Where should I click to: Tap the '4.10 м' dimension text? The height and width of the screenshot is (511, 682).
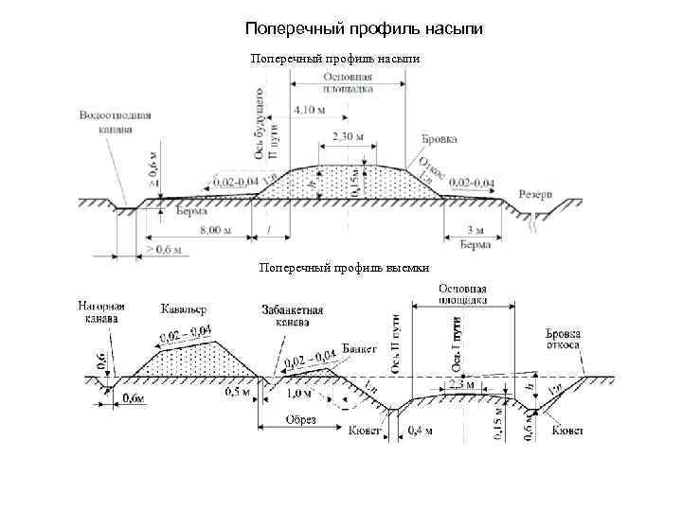click(x=310, y=111)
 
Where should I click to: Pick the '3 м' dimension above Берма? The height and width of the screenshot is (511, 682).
click(x=476, y=230)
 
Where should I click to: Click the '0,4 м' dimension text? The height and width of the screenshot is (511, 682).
click(x=420, y=432)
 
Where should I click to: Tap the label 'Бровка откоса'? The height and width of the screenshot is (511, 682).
click(x=565, y=340)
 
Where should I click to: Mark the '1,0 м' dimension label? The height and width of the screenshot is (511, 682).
click(x=299, y=393)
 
